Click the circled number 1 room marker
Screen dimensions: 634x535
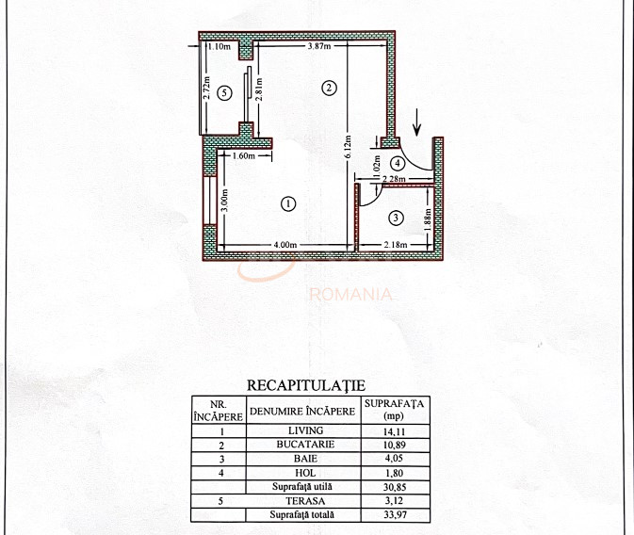(x=288, y=203)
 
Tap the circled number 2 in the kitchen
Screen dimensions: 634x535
(x=329, y=88)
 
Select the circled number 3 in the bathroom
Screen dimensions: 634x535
(x=396, y=218)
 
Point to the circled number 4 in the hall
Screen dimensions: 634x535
(x=398, y=163)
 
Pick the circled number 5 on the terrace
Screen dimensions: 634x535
(x=224, y=93)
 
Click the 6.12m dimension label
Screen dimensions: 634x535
(x=348, y=149)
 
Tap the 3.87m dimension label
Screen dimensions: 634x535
(x=319, y=46)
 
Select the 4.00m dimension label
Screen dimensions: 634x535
(x=285, y=245)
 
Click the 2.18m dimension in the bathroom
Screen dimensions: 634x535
(x=396, y=245)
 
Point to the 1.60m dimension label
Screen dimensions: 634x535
(x=244, y=155)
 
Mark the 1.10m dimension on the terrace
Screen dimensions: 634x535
(x=219, y=46)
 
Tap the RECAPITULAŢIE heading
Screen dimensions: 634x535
(x=306, y=385)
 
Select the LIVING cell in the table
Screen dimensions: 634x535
(x=305, y=430)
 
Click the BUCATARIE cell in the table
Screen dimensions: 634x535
(x=305, y=445)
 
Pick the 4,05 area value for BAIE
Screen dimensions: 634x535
(x=394, y=459)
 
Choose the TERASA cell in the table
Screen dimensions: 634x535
(x=305, y=501)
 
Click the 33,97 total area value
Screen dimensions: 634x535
(x=395, y=515)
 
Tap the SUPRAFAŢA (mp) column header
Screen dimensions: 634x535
(x=394, y=410)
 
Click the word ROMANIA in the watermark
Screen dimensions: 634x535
(x=351, y=295)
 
